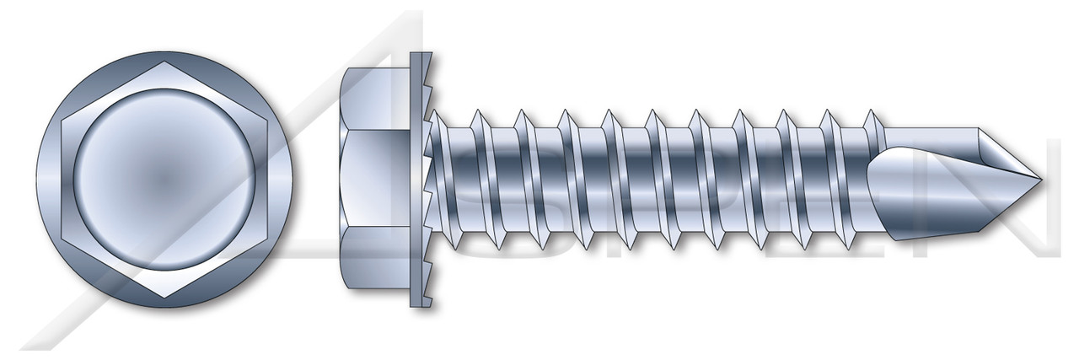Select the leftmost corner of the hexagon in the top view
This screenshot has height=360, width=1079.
coord(40,178)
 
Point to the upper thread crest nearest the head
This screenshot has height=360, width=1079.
coord(477,110)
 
